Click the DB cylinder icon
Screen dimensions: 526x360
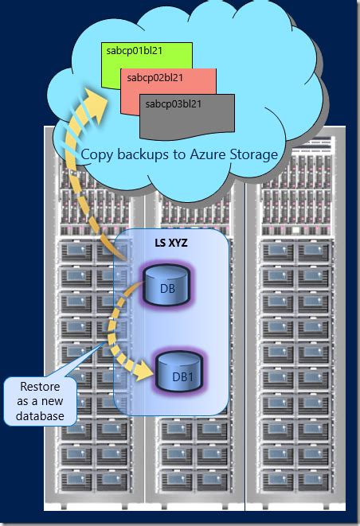point(166,288)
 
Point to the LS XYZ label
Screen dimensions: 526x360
point(170,241)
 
